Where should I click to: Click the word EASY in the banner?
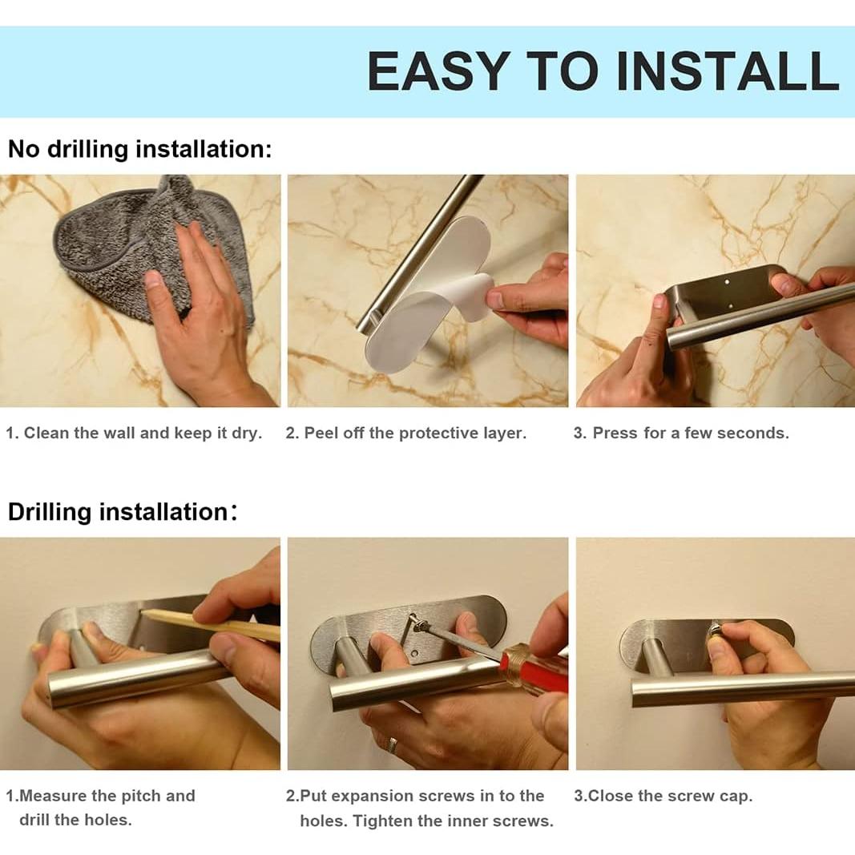(439, 71)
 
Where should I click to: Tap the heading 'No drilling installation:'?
(139, 149)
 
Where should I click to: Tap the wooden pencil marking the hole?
(212, 626)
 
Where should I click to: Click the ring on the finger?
(393, 745)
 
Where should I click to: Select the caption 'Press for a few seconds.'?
(691, 433)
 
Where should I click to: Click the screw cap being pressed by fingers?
(715, 632)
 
